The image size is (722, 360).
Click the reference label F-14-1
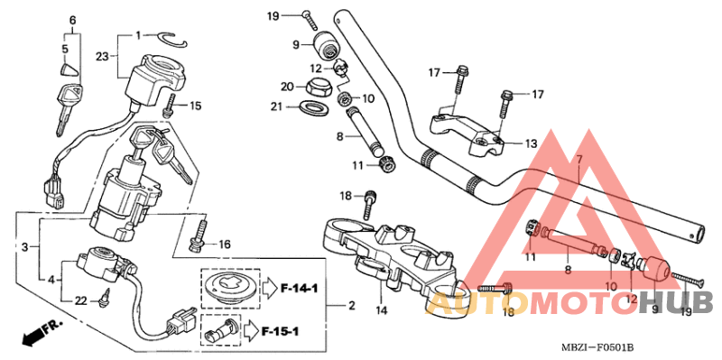[x=300, y=289]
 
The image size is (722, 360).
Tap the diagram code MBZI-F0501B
[x=600, y=346]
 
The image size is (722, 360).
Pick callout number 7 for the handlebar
[x=579, y=161]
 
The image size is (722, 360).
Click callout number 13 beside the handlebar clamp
[x=531, y=143]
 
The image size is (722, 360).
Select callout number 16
[x=224, y=244]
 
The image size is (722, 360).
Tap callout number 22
[x=81, y=300]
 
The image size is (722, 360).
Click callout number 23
[x=102, y=57]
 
